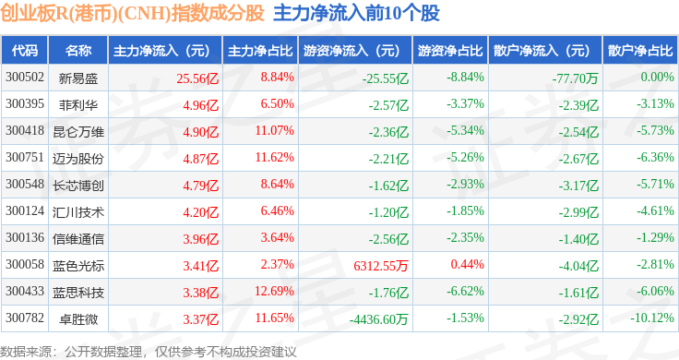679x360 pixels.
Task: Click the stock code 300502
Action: click(x=25, y=78)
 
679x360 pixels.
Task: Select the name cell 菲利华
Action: click(x=78, y=105)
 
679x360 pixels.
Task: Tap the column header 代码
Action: click(x=25, y=51)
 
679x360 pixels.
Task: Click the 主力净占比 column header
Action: click(x=260, y=51)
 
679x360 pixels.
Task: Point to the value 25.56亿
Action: click(x=197, y=78)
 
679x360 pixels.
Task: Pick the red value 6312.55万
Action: click(x=381, y=266)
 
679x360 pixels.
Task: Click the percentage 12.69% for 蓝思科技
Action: click(x=274, y=291)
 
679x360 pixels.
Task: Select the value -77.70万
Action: click(x=575, y=78)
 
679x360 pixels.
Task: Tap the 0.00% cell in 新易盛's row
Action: click(x=658, y=78)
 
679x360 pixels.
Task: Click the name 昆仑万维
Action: click(x=78, y=132)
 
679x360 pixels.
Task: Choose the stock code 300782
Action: click(x=25, y=318)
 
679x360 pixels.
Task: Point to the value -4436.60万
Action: click(x=378, y=319)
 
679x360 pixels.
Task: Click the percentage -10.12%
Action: click(x=651, y=318)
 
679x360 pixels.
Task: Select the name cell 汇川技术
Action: click(x=78, y=211)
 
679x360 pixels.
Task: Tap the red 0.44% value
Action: click(x=467, y=264)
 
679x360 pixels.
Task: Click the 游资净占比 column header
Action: click(x=450, y=51)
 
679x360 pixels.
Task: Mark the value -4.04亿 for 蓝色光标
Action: click(x=578, y=266)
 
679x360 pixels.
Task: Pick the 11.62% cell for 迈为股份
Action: click(x=274, y=157)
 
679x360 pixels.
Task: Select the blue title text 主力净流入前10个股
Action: click(x=356, y=13)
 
